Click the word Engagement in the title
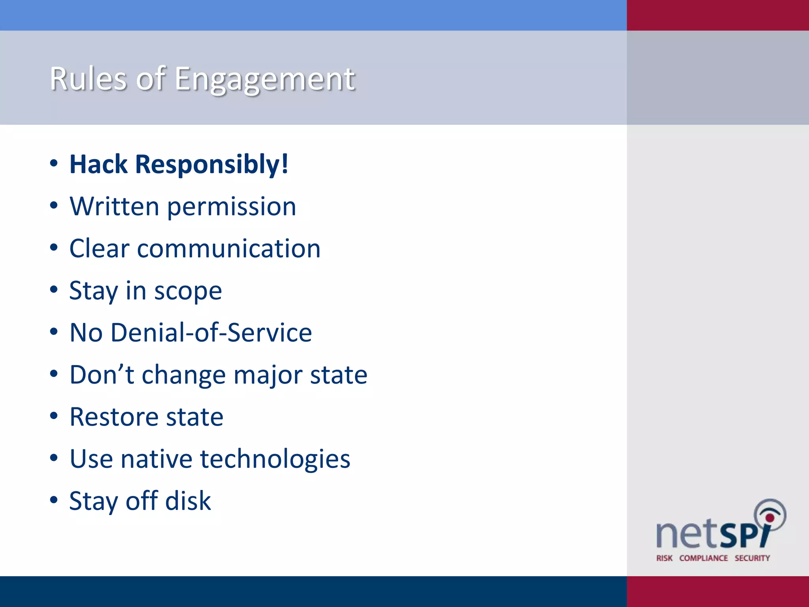click(x=265, y=79)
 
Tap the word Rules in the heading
click(x=88, y=79)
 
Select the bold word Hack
click(x=98, y=164)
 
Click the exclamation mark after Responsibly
click(x=285, y=164)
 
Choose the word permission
click(x=231, y=207)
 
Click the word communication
click(x=229, y=249)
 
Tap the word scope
click(x=188, y=292)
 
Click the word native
click(x=156, y=459)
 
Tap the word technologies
click(x=275, y=460)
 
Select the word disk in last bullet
click(x=188, y=501)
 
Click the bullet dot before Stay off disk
click(x=54, y=500)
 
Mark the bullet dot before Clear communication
click(x=54, y=248)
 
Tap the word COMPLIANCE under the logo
click(x=704, y=558)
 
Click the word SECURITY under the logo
click(x=752, y=558)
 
